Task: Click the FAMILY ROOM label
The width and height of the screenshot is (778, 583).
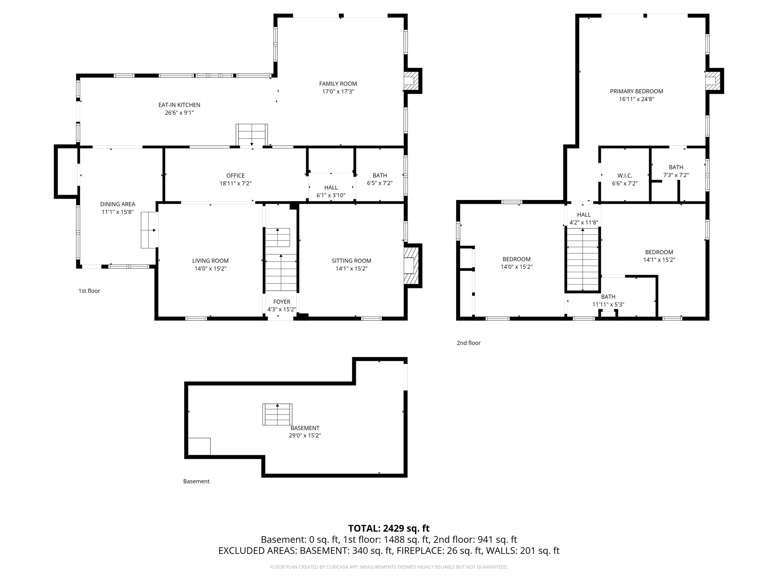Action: pos(338,84)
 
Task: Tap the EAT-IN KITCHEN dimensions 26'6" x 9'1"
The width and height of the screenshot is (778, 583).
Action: pos(179,113)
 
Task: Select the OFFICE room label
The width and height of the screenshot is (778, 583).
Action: pos(235,175)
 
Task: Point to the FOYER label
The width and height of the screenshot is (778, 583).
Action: pos(281,302)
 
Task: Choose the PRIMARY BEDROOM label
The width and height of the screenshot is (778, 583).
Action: pos(636,91)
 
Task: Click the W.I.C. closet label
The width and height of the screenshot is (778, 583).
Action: pos(625,175)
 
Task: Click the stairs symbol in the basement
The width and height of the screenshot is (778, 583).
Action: pos(277,414)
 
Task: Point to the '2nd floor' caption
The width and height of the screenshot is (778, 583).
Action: pos(468,343)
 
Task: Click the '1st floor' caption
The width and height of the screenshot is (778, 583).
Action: pos(89,291)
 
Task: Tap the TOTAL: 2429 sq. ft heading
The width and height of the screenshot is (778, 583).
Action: pos(389,528)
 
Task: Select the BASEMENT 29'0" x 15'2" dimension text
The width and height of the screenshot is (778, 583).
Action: pos(305,436)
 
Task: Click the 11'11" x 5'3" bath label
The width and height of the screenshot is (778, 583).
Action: pos(608,304)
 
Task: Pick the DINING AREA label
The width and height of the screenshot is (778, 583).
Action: pos(117,204)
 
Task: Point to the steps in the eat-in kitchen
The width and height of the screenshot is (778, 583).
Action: pos(251,135)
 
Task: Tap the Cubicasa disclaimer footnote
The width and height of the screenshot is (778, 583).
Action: pos(389,567)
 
